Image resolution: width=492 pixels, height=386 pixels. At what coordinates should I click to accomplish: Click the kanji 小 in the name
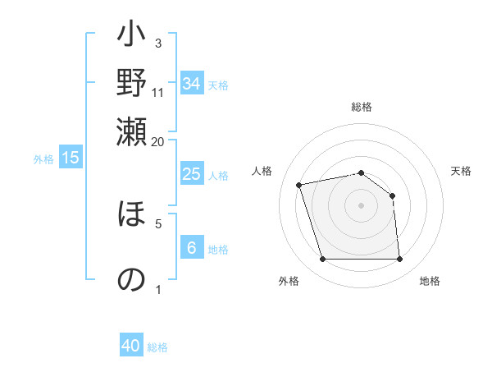[x=131, y=38]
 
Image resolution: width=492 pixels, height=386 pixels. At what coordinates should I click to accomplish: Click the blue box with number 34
[x=192, y=84]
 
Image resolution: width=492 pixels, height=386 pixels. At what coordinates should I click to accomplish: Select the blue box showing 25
[x=192, y=174]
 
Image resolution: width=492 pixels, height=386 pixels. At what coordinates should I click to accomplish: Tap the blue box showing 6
[x=192, y=248]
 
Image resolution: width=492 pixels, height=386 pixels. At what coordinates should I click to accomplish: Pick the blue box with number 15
[x=71, y=158]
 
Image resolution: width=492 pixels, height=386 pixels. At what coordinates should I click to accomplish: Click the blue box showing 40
[x=131, y=346]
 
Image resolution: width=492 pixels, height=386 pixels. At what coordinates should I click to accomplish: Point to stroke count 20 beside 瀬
[x=157, y=141]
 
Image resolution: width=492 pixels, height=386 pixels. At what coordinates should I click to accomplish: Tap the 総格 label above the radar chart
[x=362, y=107]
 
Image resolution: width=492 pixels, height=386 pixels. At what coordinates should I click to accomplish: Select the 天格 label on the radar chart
[x=461, y=171]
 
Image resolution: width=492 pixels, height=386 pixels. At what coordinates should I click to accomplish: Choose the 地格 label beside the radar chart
[x=430, y=281]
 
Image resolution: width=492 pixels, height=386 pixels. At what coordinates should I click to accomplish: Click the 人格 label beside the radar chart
[x=262, y=171]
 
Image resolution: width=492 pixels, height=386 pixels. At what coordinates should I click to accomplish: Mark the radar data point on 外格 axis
[x=322, y=260]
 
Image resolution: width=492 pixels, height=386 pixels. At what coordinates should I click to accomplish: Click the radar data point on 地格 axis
[x=400, y=260]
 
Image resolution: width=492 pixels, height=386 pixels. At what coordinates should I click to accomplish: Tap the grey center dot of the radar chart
[x=362, y=205]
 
